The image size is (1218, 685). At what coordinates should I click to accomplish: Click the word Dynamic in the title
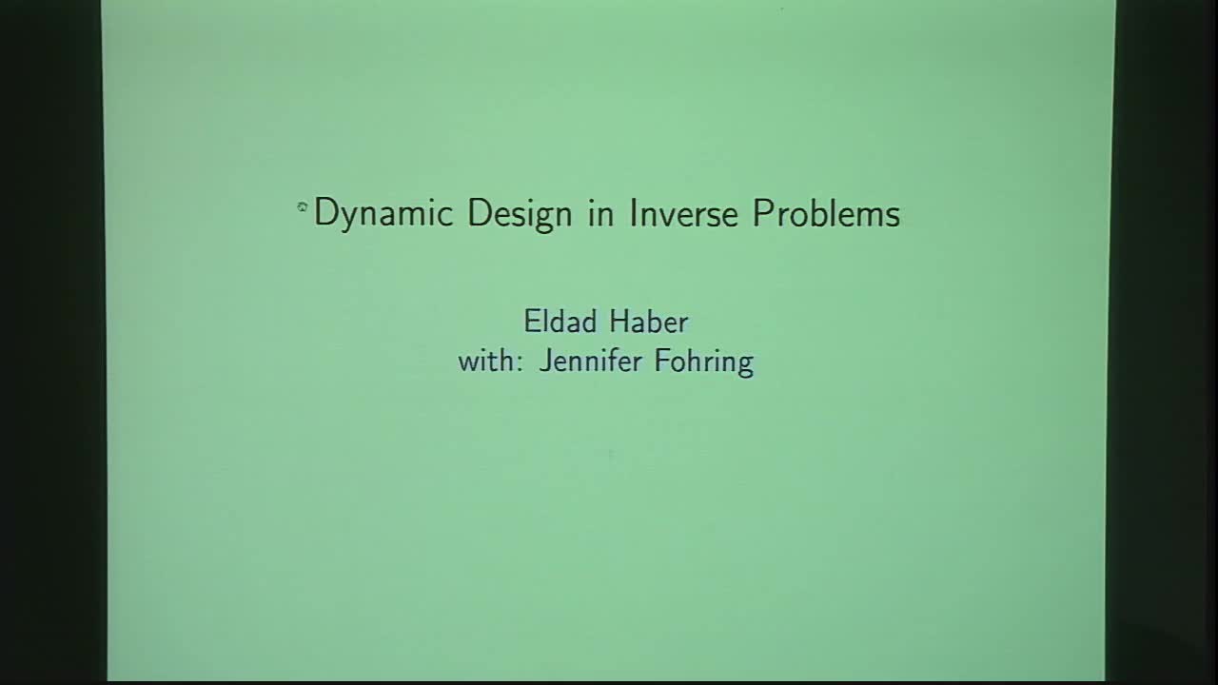point(383,214)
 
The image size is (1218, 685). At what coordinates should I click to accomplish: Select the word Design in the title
point(520,214)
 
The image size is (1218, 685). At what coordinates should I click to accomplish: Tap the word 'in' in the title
point(600,212)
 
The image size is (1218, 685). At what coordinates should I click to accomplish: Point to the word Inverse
point(683,212)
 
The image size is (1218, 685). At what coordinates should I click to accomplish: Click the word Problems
point(826,212)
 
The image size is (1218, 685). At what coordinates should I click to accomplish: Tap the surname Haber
point(648,322)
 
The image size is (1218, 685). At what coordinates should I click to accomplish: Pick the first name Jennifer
point(588,362)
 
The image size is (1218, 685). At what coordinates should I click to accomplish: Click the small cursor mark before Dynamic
point(302,205)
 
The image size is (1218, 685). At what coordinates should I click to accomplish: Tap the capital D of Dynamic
point(324,212)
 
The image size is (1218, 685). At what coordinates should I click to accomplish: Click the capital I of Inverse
point(633,212)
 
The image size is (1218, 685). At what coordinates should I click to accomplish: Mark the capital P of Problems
point(761,212)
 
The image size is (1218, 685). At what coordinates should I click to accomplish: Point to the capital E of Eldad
point(530,322)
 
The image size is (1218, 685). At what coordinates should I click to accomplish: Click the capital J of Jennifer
point(545,362)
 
